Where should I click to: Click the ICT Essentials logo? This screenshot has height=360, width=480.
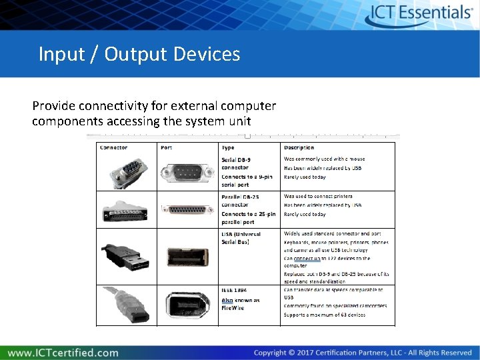pyautogui.click(x=421, y=13)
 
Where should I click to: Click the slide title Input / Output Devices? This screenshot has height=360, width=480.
pyautogui.click(x=139, y=54)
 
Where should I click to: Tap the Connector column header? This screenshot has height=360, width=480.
pyautogui.click(x=113, y=147)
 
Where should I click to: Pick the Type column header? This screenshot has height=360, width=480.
pyautogui.click(x=228, y=147)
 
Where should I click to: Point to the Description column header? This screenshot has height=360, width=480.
pyautogui.click(x=299, y=147)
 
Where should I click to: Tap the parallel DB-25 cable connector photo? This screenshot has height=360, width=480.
pyautogui.click(x=126, y=210)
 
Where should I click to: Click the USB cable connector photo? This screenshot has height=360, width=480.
pyautogui.click(x=126, y=257)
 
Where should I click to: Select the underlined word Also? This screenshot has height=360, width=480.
pyautogui.click(x=227, y=301)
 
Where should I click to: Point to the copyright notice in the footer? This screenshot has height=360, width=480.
pyautogui.click(x=363, y=353)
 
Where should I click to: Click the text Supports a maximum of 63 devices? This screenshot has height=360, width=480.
pyautogui.click(x=324, y=314)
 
